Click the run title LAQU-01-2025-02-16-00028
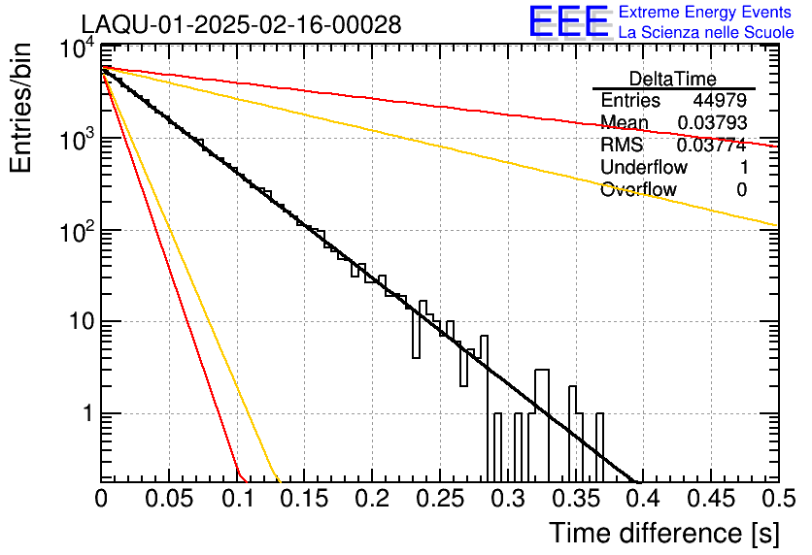point(241,24)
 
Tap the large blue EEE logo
point(567,22)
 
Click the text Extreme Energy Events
point(705,13)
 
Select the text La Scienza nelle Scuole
point(705,33)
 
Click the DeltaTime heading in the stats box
point(673,79)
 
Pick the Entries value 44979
point(720,101)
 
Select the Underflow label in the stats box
point(644,168)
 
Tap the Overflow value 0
point(741,190)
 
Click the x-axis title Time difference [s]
point(662,533)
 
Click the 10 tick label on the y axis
point(76,322)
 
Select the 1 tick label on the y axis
point(84,413)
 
